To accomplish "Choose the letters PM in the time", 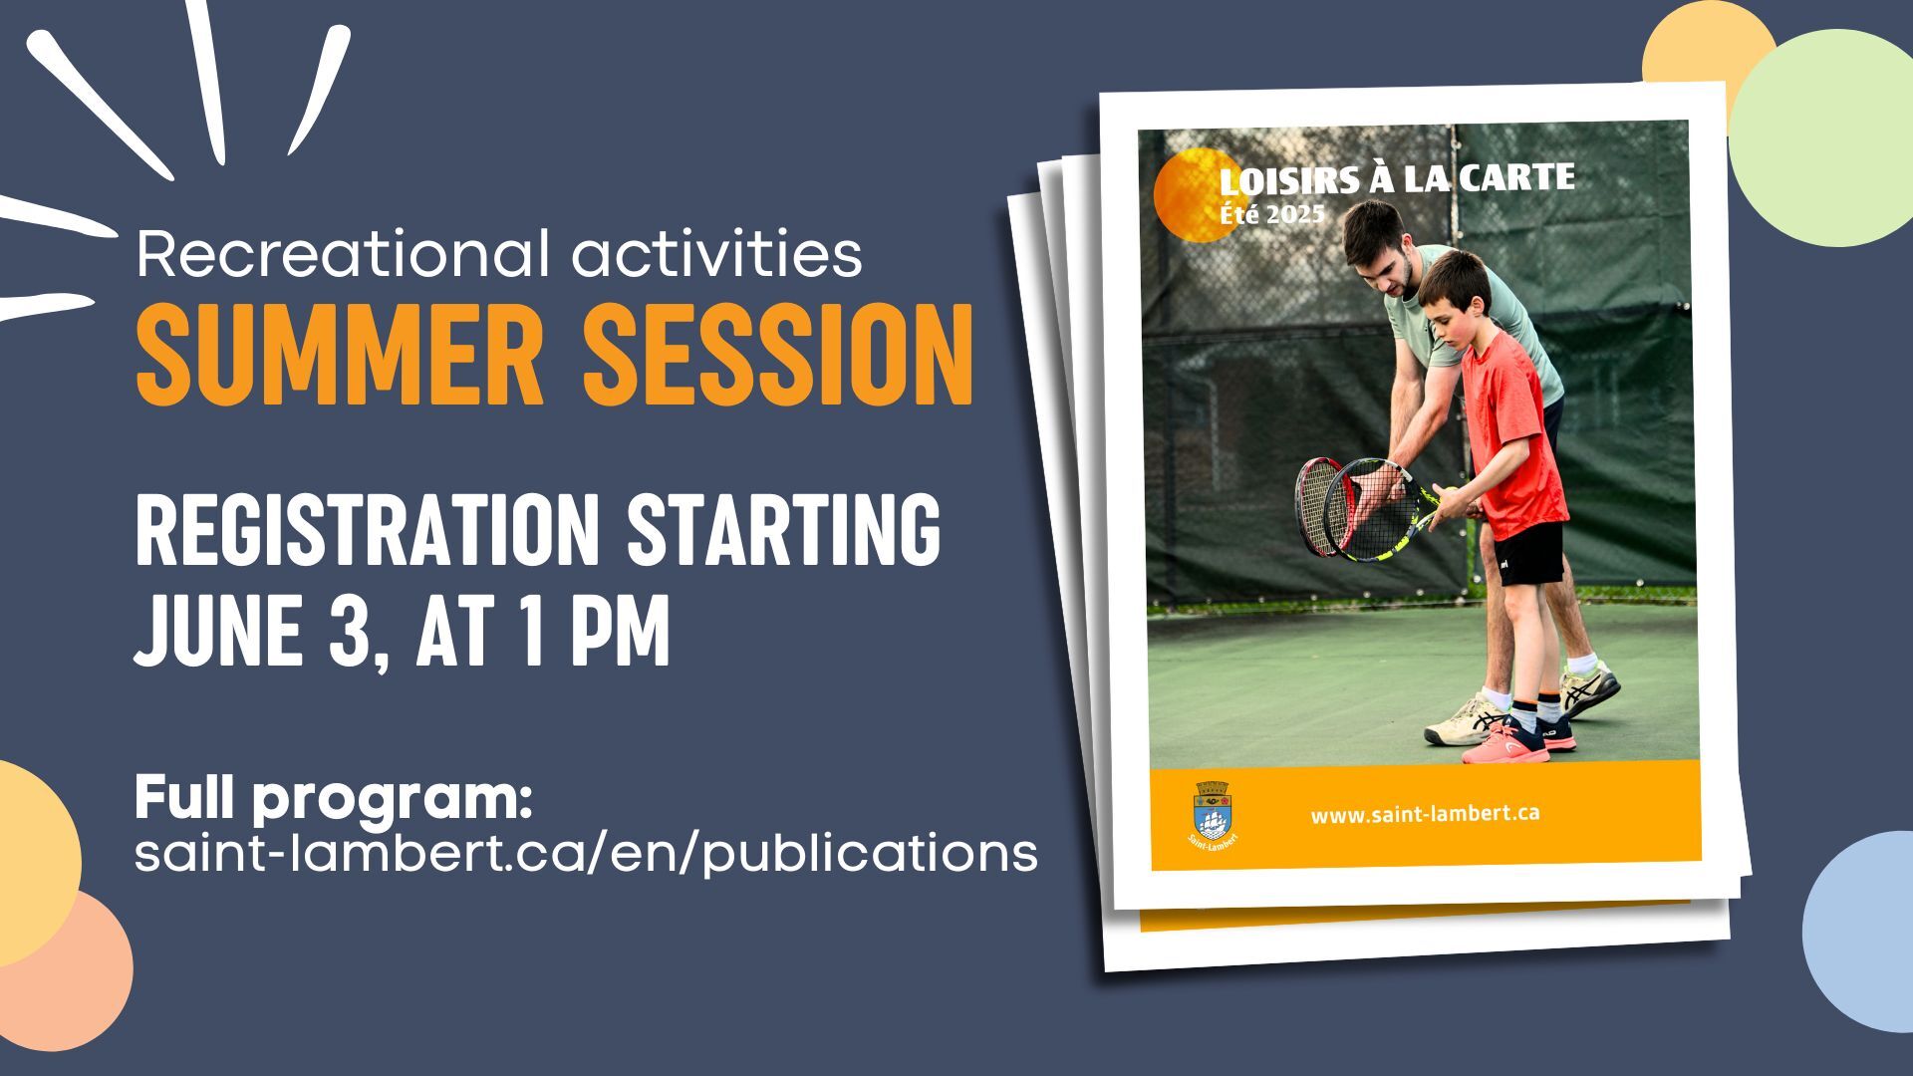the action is click(620, 630).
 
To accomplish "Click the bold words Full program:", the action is click(334, 800).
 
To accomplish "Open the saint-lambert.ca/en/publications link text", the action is click(586, 853).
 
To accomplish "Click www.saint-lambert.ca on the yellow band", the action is click(1425, 814).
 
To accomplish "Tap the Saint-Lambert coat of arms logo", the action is click(1213, 813).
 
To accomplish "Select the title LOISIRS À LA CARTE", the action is click(1397, 179).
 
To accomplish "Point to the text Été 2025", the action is click(1271, 214).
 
